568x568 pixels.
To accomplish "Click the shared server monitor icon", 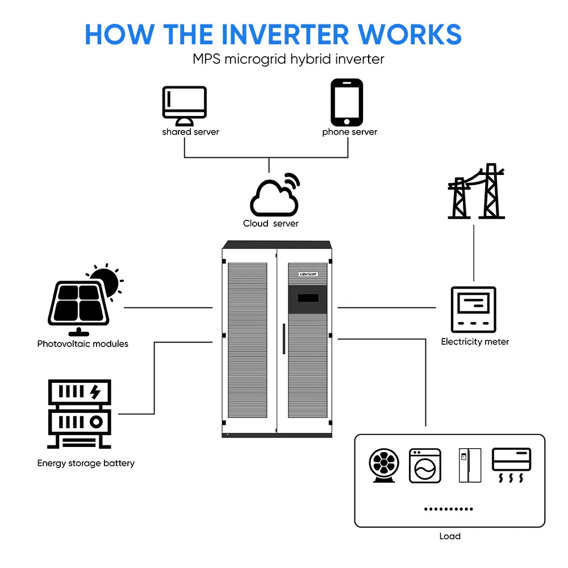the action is [x=185, y=106].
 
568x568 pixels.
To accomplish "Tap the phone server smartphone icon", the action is [x=346, y=102].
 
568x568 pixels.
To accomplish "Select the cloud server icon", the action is [x=274, y=195].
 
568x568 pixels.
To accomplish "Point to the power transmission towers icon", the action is [x=476, y=191].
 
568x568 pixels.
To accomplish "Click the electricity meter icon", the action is [x=473, y=310].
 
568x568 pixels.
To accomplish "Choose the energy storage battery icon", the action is [x=80, y=414].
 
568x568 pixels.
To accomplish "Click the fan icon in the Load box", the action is [x=384, y=465].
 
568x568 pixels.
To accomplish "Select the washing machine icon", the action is [x=425, y=466].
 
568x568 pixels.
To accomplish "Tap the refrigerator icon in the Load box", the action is [x=470, y=465].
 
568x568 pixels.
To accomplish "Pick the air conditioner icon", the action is [x=511, y=465].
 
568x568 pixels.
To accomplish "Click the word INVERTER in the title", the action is [x=286, y=35].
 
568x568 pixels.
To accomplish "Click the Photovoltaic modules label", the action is [x=82, y=344].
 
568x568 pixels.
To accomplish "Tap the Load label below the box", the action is [x=450, y=536].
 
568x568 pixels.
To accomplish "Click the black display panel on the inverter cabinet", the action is [x=307, y=299].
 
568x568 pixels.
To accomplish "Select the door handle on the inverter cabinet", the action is [x=284, y=339].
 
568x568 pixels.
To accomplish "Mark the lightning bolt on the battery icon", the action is [x=95, y=391].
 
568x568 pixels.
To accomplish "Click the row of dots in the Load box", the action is [x=449, y=509].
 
